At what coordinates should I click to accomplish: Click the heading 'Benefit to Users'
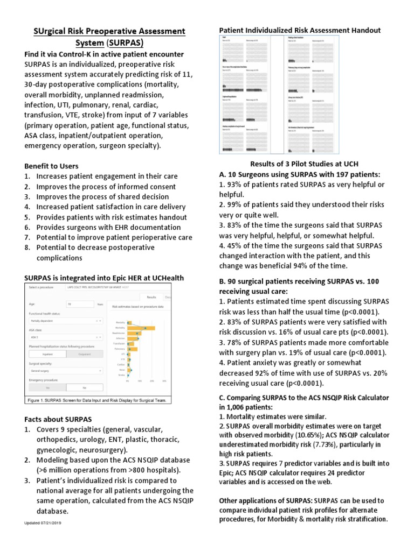pos(51,166)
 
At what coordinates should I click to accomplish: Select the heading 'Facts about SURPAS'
pos(58,419)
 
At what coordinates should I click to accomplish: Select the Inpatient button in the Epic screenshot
pos(46,354)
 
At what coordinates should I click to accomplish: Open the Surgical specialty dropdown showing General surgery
pos(65,370)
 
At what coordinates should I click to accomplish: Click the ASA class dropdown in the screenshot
pos(65,337)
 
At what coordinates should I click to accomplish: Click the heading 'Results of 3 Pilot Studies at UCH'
pos(304,164)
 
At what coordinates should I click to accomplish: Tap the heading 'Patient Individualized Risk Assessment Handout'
pos(299,30)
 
